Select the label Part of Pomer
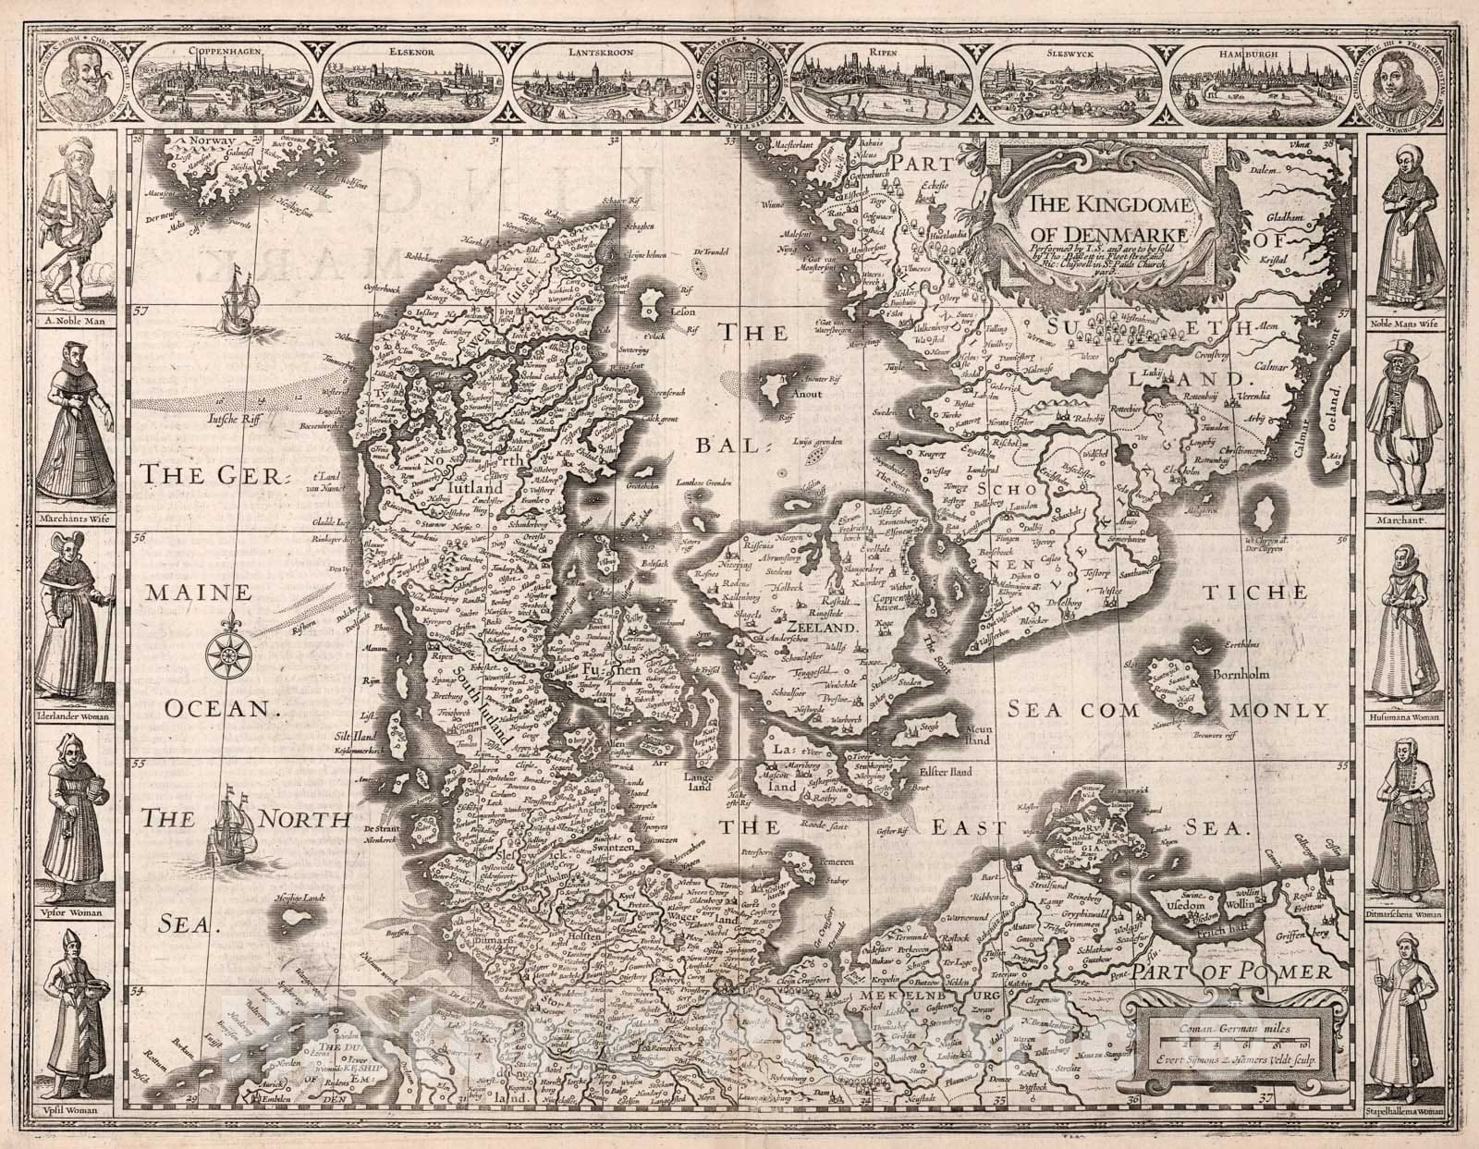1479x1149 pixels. point(1234,972)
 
